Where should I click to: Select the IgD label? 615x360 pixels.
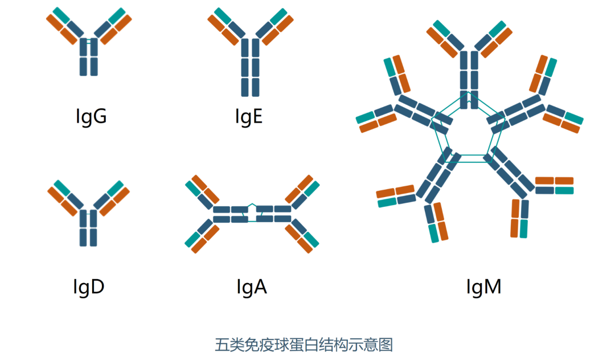[89, 287]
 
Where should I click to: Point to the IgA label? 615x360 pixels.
[251, 287]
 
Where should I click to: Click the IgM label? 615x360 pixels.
[483, 287]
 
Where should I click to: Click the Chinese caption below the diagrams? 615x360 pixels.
[304, 345]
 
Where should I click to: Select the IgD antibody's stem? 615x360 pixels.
[89, 228]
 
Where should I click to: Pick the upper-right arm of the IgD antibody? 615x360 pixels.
[112, 197]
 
